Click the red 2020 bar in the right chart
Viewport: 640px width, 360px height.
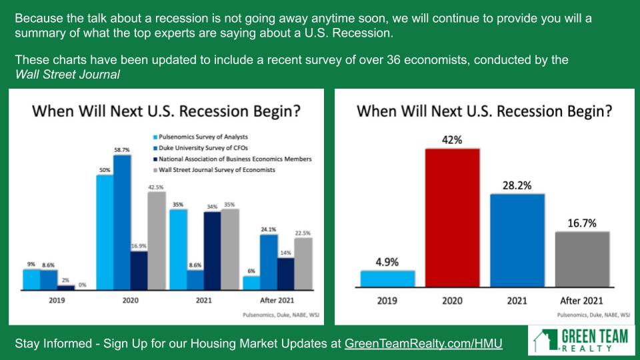click(452, 218)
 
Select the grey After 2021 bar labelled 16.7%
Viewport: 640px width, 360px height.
click(582, 259)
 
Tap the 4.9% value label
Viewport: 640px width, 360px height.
click(387, 262)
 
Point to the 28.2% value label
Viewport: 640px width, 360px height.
click(517, 186)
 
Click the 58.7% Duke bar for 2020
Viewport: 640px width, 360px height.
click(122, 223)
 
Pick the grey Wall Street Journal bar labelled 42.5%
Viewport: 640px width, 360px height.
click(157, 241)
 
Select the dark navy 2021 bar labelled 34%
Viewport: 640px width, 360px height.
click(212, 251)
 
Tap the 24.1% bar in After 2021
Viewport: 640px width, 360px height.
click(269, 263)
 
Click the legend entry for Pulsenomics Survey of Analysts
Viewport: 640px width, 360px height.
click(201, 137)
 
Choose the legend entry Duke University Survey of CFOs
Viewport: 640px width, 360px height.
click(201, 148)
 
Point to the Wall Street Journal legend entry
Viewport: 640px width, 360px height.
click(214, 170)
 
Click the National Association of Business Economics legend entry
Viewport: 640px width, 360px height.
click(232, 159)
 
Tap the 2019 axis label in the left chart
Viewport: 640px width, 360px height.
click(57, 301)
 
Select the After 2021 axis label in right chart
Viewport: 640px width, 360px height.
click(581, 301)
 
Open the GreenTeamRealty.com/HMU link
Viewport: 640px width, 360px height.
click(423, 343)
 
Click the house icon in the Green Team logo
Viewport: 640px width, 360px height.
click(545, 339)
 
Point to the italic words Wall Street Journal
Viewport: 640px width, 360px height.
click(67, 74)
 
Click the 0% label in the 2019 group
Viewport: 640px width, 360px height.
click(83, 285)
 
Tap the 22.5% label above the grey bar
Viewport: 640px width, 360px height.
click(303, 233)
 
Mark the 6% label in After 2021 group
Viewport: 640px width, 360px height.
click(251, 271)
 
